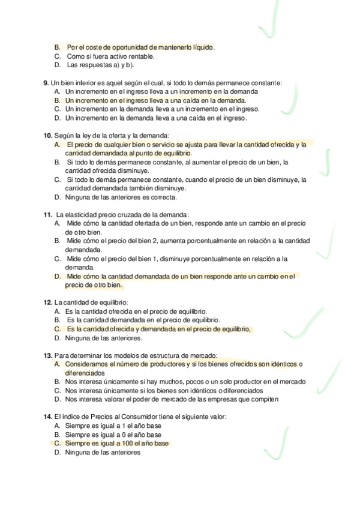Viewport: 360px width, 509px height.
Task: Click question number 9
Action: (x=46, y=82)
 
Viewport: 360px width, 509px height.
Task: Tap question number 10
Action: (x=48, y=135)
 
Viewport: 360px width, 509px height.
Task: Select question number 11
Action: (x=48, y=214)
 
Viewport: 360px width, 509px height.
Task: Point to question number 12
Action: (x=48, y=303)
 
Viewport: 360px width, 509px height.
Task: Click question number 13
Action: (x=48, y=355)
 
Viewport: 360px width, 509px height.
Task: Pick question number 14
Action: (x=48, y=417)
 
